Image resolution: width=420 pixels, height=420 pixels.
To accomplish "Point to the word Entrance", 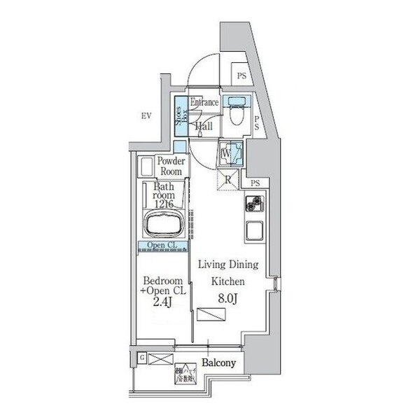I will pos(204,104).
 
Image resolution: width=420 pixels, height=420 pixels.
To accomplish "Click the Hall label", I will pos(204,127).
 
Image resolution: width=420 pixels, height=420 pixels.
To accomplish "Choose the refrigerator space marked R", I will pos(228,179).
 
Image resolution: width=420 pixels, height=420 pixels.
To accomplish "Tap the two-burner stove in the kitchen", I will pos(253,204).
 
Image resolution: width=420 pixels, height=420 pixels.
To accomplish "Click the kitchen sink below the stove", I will pos(253,230).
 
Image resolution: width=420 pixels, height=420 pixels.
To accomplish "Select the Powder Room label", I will pos(170,166).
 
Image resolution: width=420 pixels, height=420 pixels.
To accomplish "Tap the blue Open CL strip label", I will pos(162,245).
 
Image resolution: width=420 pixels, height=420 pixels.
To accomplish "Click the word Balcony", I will pos(218,363).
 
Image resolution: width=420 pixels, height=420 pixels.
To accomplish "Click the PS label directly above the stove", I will pos(257,183).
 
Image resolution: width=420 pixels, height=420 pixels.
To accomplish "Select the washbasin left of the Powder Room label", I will pos(147,167).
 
